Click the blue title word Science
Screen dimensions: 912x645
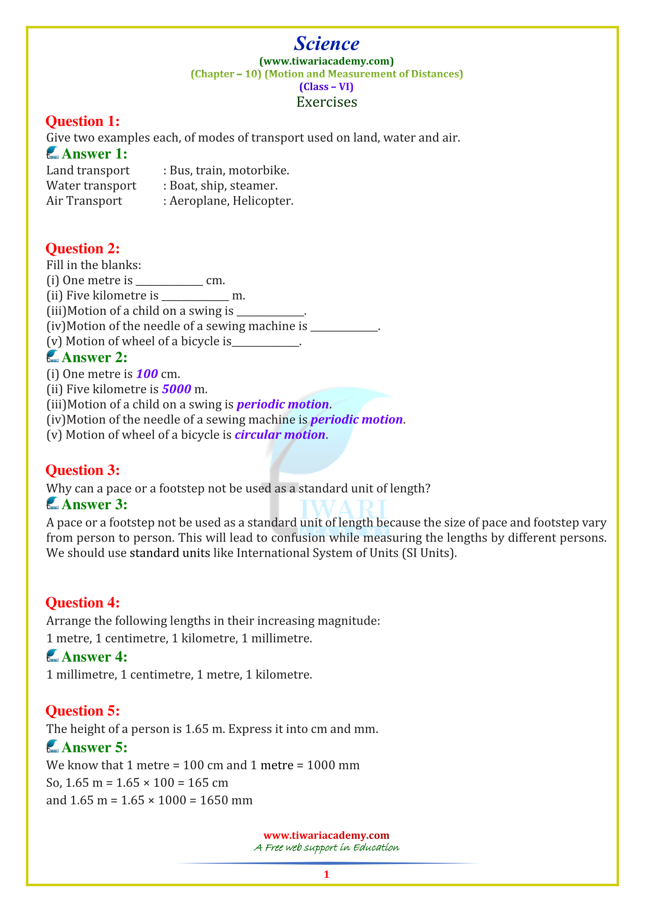tap(326, 44)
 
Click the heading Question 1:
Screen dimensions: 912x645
tap(83, 121)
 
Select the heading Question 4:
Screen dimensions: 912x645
tap(83, 602)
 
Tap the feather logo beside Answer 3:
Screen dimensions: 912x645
tap(52, 504)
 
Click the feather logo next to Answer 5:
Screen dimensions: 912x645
tap(52, 746)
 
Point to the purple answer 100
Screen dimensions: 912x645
tap(147, 374)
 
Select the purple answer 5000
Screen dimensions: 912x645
tap(176, 389)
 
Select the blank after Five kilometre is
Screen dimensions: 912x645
tap(195, 298)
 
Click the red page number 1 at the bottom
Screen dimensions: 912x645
tap(326, 874)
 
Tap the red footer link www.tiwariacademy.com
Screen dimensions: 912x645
tap(326, 835)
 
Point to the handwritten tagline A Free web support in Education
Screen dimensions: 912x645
tap(326, 848)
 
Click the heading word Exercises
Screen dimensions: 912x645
tap(326, 102)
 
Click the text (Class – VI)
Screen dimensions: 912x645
tap(326, 87)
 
